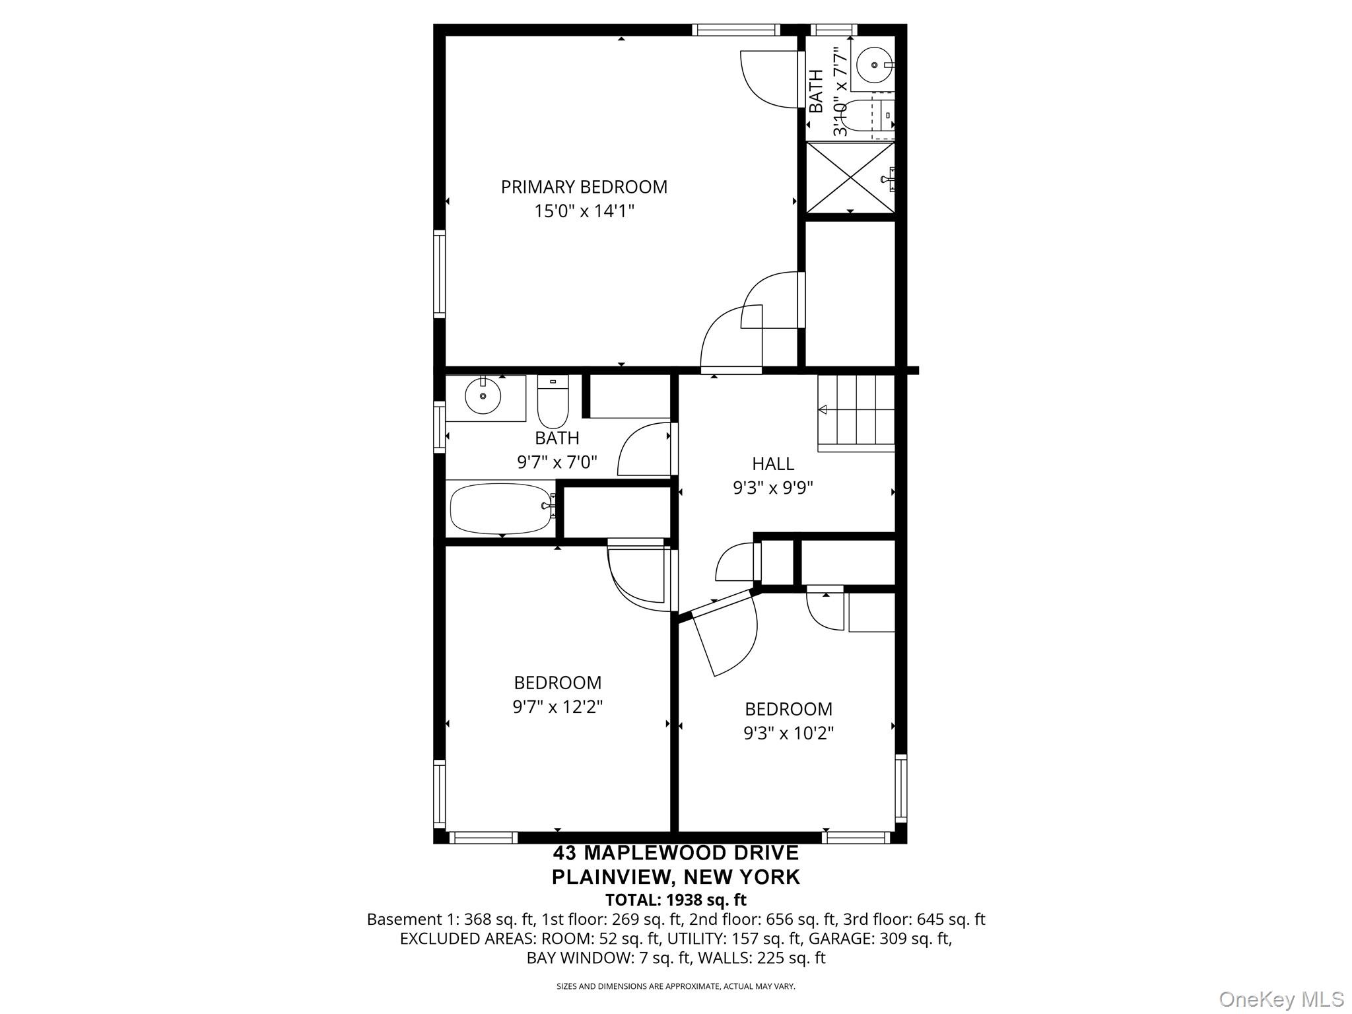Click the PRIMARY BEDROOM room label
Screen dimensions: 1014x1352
tap(584, 187)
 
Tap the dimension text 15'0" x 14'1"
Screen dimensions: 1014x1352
tap(584, 211)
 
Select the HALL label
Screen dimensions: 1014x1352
tap(773, 463)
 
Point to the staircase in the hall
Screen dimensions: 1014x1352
tap(856, 413)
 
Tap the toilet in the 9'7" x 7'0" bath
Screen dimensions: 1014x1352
tap(553, 402)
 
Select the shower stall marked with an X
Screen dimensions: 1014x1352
tap(850, 177)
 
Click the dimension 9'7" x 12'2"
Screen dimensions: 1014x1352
tap(558, 707)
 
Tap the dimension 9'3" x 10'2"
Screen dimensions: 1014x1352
tap(788, 733)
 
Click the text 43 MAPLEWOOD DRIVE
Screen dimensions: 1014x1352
tap(675, 853)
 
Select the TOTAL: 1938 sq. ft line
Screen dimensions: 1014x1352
tap(675, 900)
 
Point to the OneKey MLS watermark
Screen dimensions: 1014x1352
tap(1281, 999)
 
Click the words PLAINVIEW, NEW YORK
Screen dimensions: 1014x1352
tap(675, 877)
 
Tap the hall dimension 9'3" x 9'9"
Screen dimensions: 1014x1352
tap(773, 488)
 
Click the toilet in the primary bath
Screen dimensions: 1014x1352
tap(868, 119)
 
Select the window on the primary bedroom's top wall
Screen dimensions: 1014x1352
tap(735, 30)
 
